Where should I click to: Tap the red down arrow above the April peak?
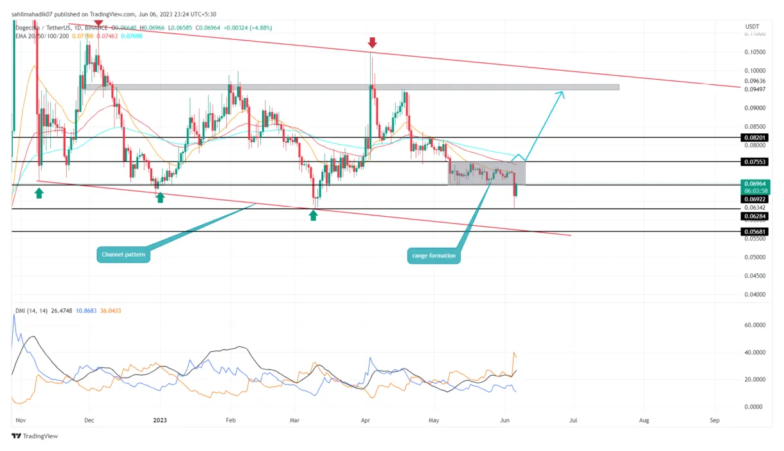(x=372, y=42)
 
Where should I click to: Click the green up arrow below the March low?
(x=313, y=215)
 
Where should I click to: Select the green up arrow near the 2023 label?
(x=160, y=198)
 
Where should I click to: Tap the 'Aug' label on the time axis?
(x=644, y=419)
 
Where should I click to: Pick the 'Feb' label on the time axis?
(x=231, y=419)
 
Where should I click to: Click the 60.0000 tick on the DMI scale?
(x=754, y=326)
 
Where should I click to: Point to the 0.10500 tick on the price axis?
(x=754, y=52)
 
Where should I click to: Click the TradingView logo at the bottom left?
(x=35, y=436)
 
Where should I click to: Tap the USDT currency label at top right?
(x=753, y=26)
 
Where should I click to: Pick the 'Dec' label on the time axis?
(x=89, y=419)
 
